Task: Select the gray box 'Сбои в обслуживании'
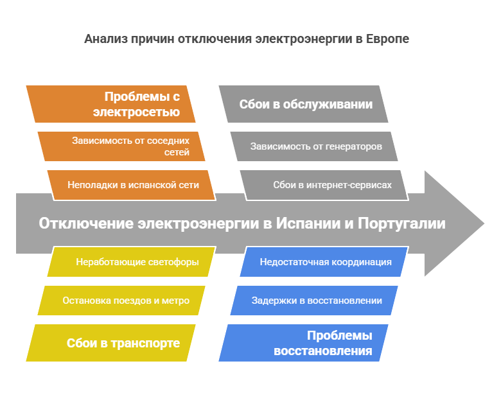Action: point(303,104)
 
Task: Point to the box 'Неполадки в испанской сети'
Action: point(132,185)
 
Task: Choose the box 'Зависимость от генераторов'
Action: point(315,146)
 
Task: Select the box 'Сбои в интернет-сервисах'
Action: point(324,185)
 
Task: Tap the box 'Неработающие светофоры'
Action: point(132,262)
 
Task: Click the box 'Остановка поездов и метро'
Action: point(122,301)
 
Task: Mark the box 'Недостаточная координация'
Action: point(324,262)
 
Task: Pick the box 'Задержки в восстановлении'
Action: point(315,301)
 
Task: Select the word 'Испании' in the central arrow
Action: point(306,223)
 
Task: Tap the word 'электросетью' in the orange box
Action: point(136,113)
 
